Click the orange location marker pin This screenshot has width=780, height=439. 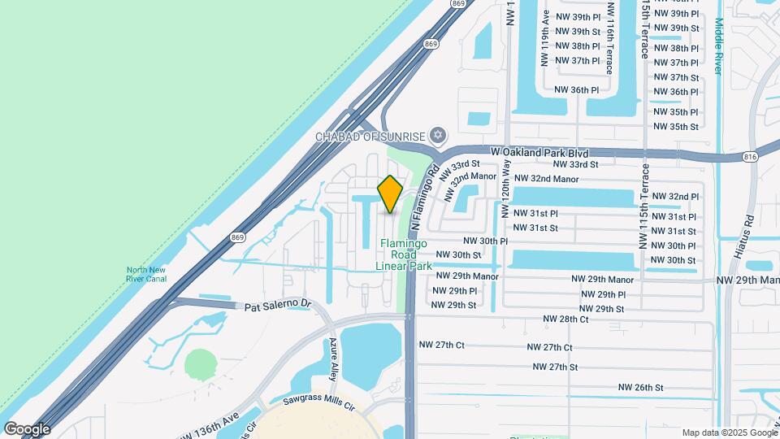[390, 193]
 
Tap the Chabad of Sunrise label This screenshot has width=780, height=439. [370, 136]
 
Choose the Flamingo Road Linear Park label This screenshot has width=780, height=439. [403, 254]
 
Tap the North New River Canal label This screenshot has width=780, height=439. [146, 275]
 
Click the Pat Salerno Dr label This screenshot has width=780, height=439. [279, 305]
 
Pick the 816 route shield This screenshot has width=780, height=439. [749, 156]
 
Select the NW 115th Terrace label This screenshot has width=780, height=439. [645, 207]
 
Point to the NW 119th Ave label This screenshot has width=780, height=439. [544, 49]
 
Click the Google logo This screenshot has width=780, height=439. [27, 428]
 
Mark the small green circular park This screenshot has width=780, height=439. [200, 364]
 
